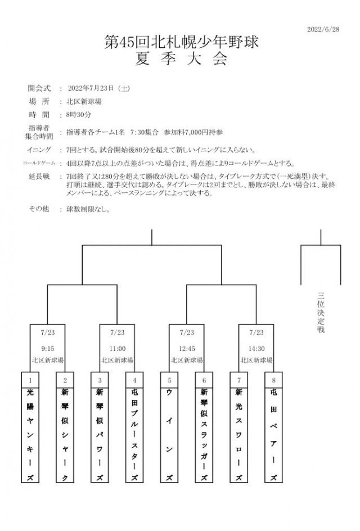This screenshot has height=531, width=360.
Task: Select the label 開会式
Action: point(39,88)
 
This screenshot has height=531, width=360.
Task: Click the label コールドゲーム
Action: point(39,163)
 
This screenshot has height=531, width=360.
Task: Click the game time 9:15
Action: point(47,348)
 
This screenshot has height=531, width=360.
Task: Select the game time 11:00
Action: point(117,348)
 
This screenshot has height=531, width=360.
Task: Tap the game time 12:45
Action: point(187,348)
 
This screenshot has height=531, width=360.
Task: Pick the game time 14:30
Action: point(256,348)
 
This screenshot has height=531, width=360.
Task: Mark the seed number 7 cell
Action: point(239,380)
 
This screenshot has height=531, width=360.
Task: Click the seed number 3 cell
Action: point(100,380)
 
